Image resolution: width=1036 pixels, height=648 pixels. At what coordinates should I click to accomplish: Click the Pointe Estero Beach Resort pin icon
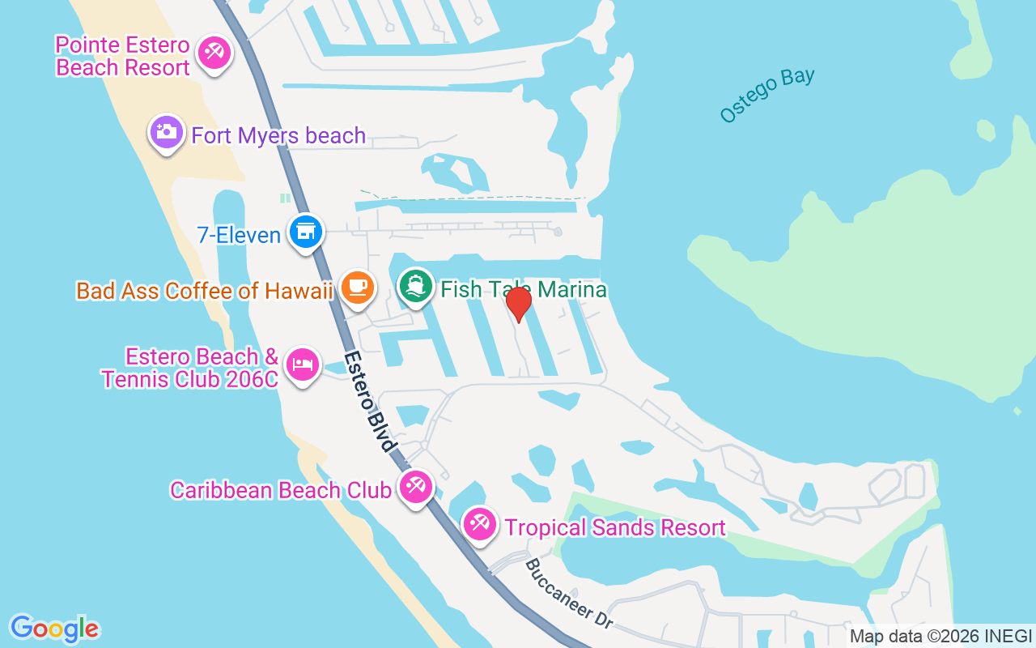pyautogui.click(x=214, y=53)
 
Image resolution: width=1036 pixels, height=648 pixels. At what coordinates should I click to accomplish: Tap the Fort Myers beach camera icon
pyautogui.click(x=167, y=131)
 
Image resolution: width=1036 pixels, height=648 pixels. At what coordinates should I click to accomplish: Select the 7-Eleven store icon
pyautogui.click(x=305, y=232)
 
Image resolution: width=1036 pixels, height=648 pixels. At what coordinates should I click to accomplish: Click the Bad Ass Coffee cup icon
pyautogui.click(x=357, y=287)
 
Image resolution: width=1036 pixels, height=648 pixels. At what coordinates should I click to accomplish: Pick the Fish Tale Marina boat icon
pyautogui.click(x=416, y=285)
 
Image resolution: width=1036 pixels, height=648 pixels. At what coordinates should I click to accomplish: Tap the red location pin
pyautogui.click(x=518, y=304)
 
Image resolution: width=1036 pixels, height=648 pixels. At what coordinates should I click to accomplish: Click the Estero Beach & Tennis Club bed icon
pyautogui.click(x=302, y=364)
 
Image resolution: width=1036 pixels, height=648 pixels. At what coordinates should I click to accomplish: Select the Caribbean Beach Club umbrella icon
pyautogui.click(x=416, y=487)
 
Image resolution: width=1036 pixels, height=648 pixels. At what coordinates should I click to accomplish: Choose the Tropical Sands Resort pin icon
pyautogui.click(x=479, y=524)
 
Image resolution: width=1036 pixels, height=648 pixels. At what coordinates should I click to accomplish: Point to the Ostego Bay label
pyautogui.click(x=767, y=96)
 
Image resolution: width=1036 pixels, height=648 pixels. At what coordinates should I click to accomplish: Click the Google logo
pyautogui.click(x=54, y=629)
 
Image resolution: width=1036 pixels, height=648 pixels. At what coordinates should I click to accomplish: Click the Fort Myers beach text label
pyautogui.click(x=278, y=135)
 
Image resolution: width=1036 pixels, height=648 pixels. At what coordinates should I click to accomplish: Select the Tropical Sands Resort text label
pyautogui.click(x=615, y=528)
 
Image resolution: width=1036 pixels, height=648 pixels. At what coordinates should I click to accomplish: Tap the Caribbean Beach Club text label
pyautogui.click(x=280, y=490)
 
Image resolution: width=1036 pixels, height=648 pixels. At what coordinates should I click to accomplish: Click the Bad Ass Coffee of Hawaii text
pyautogui.click(x=205, y=291)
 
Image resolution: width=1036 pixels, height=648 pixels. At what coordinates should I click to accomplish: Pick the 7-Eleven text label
pyautogui.click(x=239, y=235)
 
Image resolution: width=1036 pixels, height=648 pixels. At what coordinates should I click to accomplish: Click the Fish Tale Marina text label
pyautogui.click(x=523, y=289)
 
